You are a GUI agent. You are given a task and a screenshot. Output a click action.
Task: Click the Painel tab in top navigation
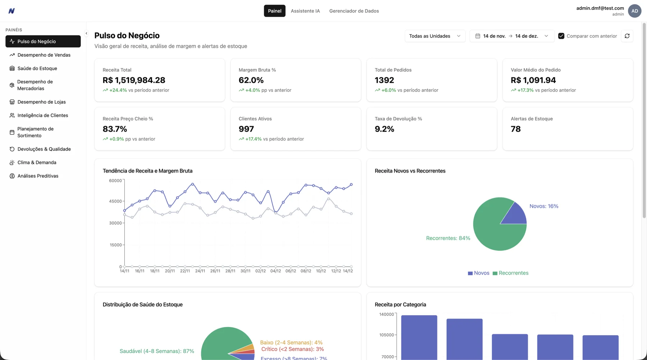pos(274,11)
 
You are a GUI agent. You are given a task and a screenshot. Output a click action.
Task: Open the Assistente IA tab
pos(305,11)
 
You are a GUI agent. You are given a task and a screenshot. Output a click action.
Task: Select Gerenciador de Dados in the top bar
pos(354,11)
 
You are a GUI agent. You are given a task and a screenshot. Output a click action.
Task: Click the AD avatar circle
pos(634,11)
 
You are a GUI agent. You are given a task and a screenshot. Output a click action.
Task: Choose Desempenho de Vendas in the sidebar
pos(43,55)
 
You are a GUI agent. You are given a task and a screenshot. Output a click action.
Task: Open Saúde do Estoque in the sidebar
pos(37,68)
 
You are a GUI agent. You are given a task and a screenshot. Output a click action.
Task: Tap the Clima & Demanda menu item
pos(37,162)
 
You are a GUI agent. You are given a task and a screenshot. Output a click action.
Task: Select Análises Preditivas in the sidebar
pos(38,176)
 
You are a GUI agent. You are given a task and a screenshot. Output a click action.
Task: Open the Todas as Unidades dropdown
pos(435,36)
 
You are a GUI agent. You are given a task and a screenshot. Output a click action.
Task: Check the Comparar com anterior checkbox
pos(561,36)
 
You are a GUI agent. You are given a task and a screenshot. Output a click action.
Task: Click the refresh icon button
pos(627,36)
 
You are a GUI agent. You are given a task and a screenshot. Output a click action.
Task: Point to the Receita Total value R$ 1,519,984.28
pos(134,80)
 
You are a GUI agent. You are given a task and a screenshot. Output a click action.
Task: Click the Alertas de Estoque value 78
pos(515,129)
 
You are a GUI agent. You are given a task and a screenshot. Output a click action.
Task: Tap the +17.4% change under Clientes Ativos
pos(253,139)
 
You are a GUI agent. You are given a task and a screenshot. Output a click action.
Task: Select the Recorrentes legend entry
pos(510,273)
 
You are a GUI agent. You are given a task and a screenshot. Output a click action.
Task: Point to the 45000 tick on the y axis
pos(115,201)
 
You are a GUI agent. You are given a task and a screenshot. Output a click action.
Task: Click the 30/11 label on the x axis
pos(245,271)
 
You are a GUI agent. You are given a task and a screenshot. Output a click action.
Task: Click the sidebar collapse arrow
pos(86,33)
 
